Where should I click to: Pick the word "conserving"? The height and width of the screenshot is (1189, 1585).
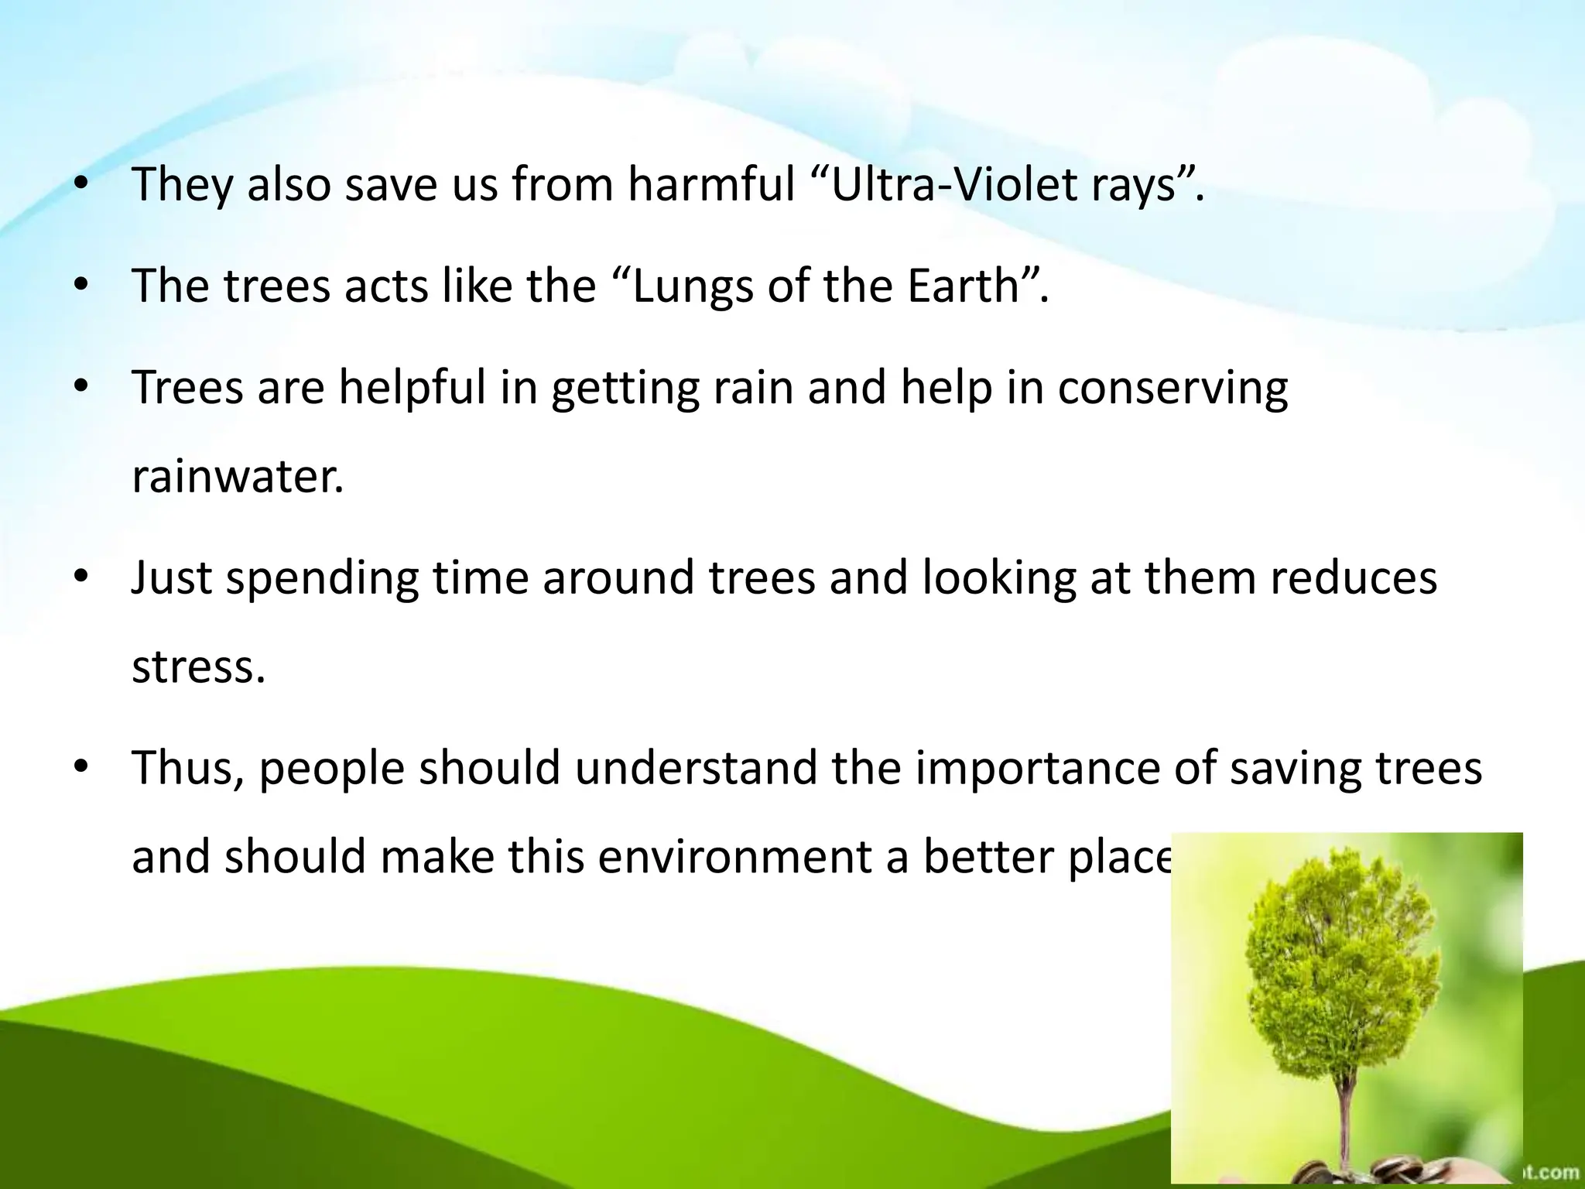(1172, 389)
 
